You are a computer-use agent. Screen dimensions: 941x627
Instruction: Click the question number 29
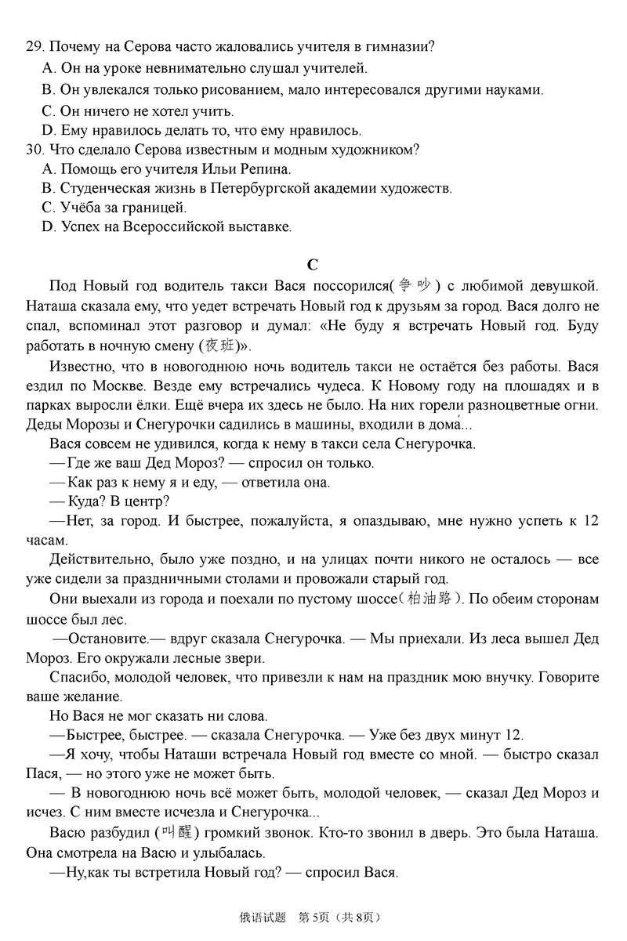(x=33, y=47)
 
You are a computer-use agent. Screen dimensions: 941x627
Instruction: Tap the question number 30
(x=33, y=149)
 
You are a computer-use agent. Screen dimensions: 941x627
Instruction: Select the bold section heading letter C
(x=312, y=265)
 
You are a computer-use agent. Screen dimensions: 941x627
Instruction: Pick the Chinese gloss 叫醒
(x=176, y=832)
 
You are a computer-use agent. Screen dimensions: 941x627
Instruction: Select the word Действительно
(x=99, y=559)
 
